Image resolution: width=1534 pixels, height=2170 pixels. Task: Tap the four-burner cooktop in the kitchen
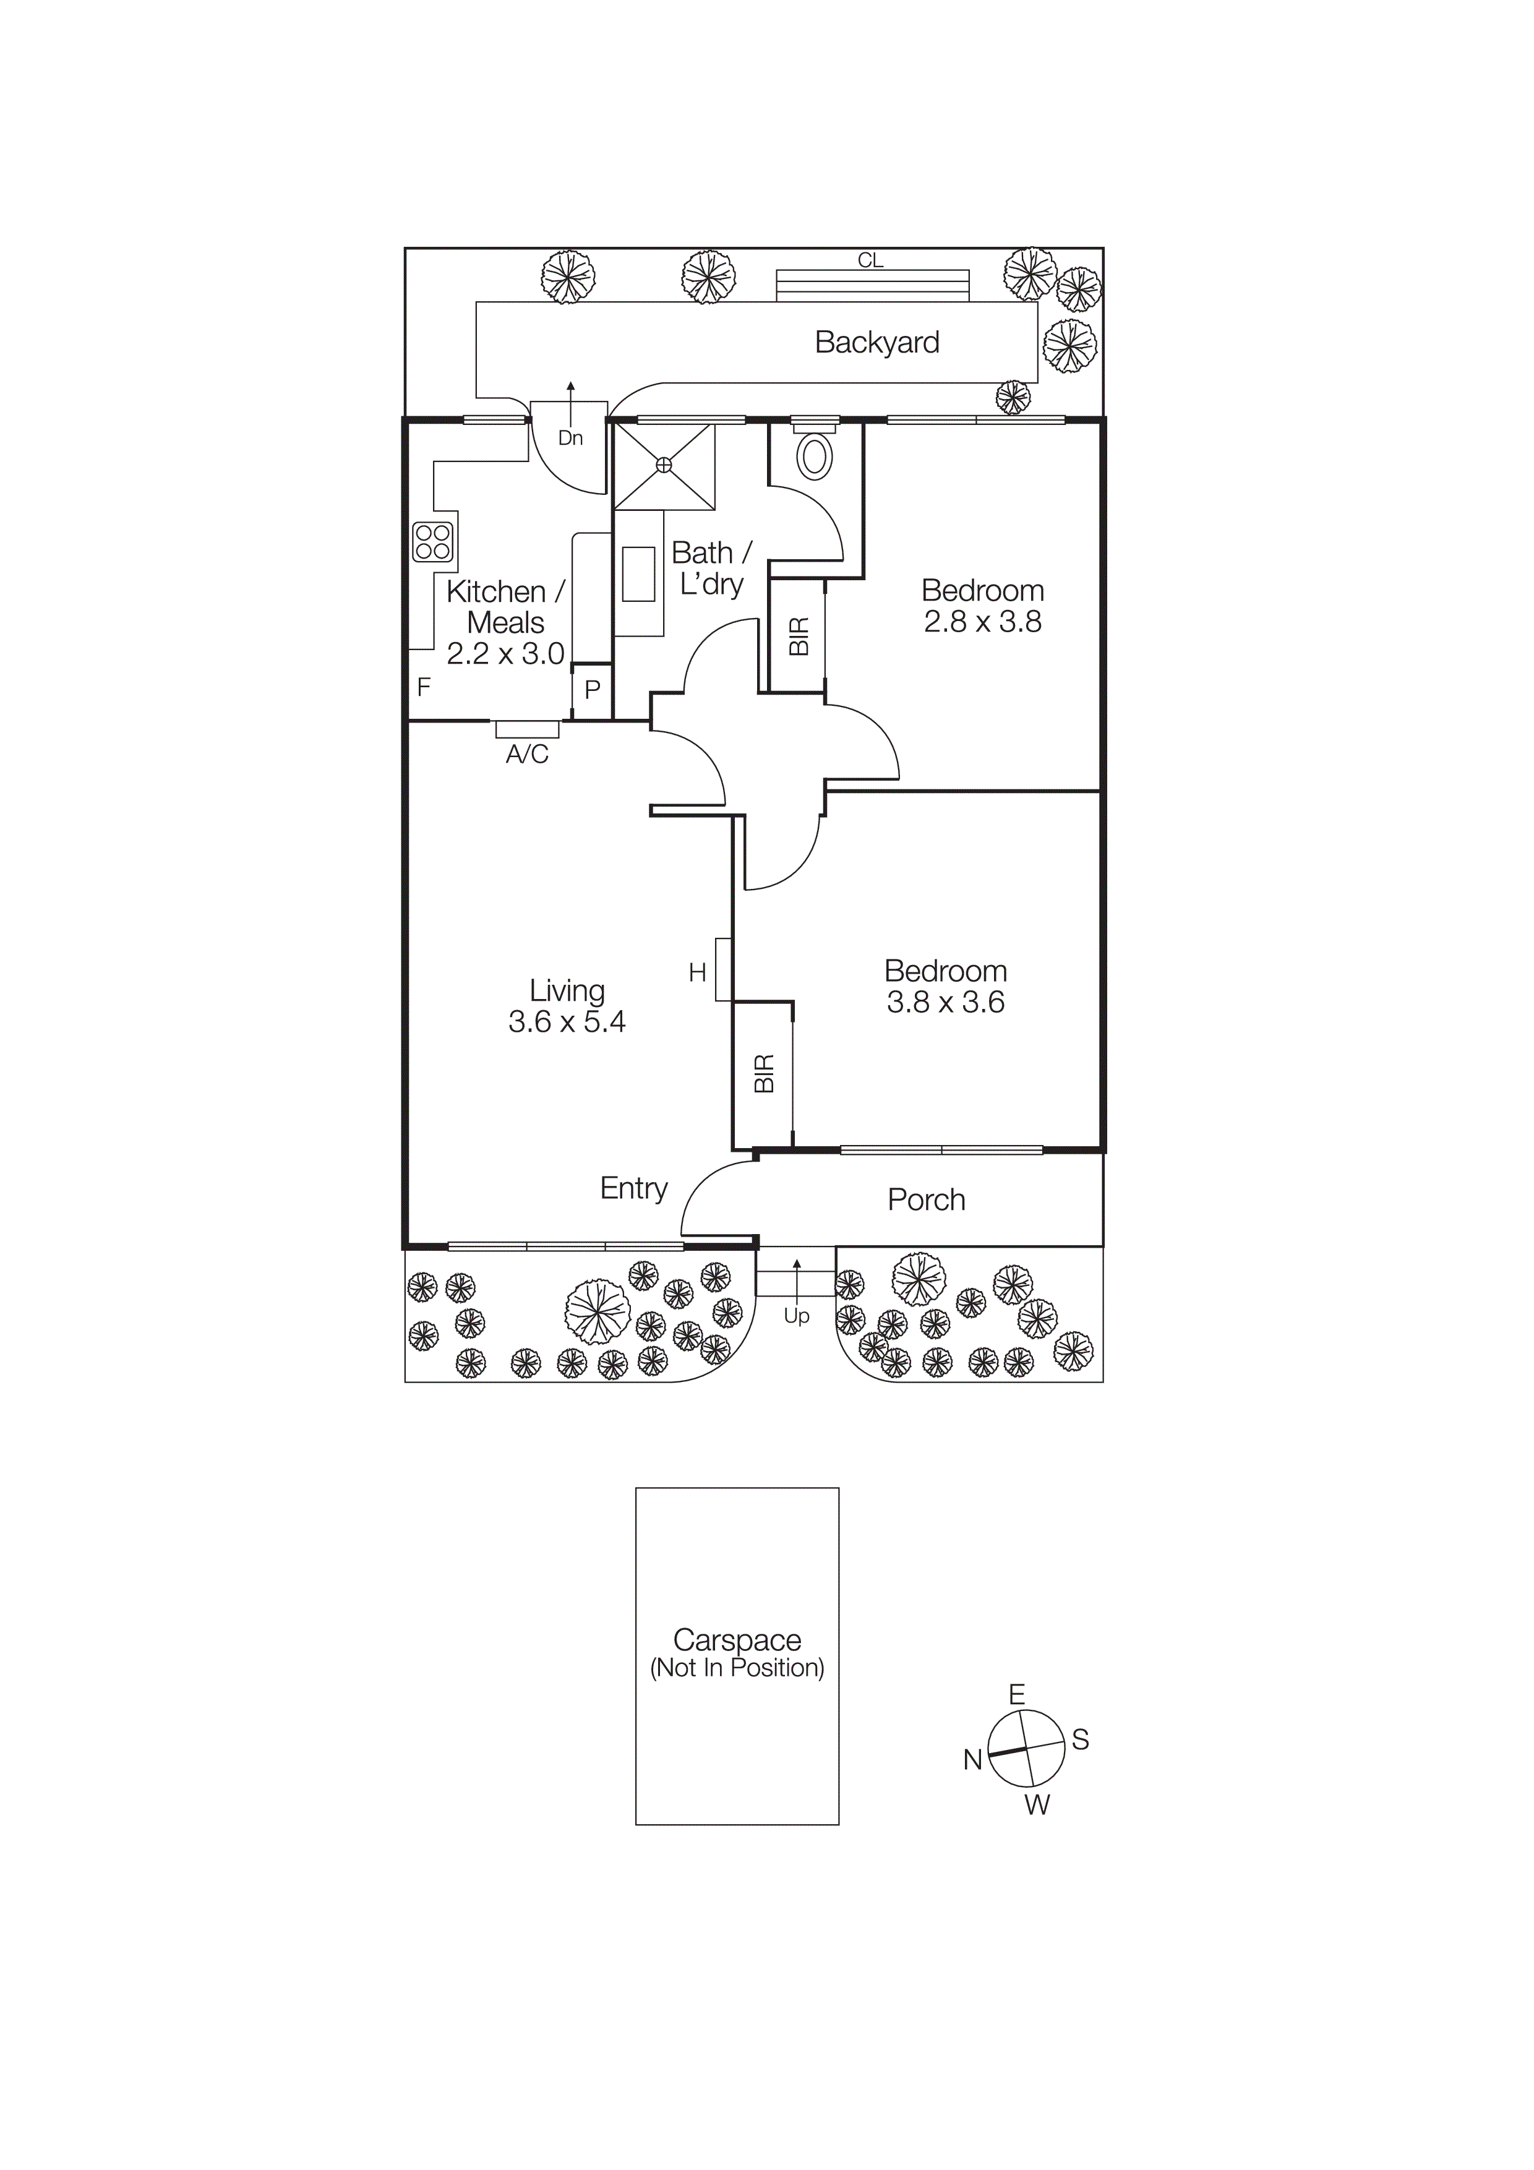[x=433, y=541]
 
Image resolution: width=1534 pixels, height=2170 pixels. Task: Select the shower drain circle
[x=664, y=464]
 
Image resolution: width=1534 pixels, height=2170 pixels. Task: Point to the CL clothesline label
[x=870, y=260]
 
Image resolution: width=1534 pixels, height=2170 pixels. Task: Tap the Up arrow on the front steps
[x=796, y=1278]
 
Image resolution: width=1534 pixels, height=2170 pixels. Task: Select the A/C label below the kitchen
[x=526, y=754]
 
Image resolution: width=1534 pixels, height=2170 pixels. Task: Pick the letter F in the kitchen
[x=424, y=687]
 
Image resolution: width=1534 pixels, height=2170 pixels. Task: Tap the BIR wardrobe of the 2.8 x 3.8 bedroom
[x=798, y=636]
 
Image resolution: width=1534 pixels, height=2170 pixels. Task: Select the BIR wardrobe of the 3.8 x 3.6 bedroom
[x=764, y=1074]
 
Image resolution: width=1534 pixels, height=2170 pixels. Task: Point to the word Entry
[x=633, y=1188]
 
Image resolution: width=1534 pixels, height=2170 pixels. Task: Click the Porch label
[x=925, y=1199]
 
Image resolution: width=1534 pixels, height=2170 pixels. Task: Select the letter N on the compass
[x=972, y=1760]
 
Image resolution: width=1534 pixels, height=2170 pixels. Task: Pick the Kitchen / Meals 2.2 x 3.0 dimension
[x=505, y=653]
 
